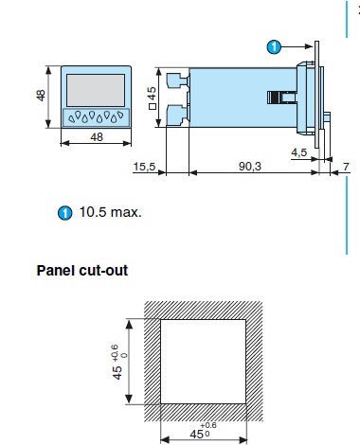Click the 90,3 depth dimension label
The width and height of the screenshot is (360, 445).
[250, 166]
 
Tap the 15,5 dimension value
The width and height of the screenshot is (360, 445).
[144, 167]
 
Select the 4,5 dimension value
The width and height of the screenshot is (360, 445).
[298, 152]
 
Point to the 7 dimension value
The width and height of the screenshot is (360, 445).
[346, 166]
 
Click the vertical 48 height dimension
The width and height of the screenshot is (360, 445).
[41, 96]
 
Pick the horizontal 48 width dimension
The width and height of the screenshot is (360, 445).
[97, 137]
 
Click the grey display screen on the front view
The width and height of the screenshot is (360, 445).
[96, 90]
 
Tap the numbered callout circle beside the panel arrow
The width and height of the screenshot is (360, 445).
[274, 47]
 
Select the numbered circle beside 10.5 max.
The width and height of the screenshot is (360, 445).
[64, 213]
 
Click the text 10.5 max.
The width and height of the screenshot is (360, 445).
[110, 212]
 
